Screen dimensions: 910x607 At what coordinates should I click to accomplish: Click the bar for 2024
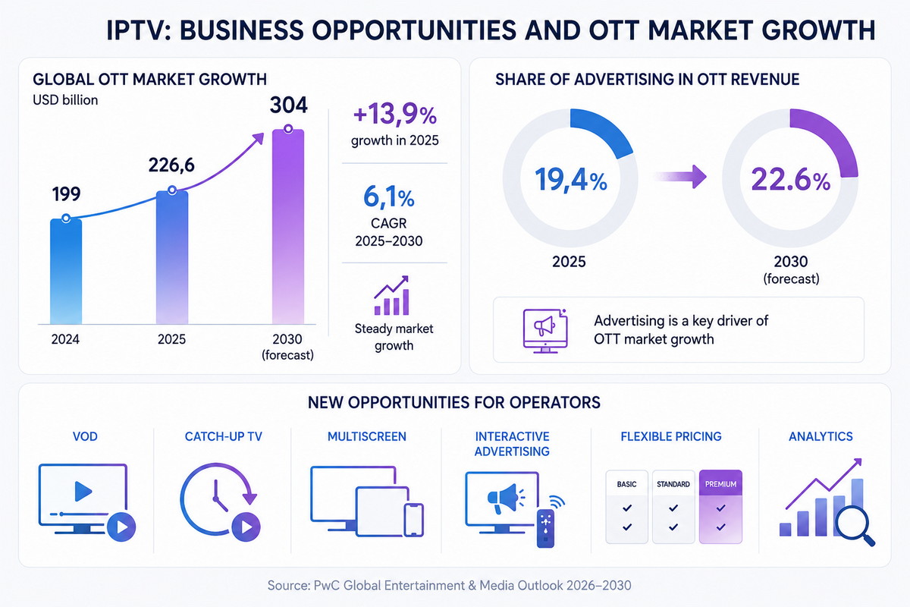click(x=66, y=271)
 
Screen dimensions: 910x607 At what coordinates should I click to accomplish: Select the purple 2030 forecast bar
click(x=288, y=226)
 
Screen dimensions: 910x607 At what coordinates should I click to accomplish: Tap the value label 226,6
click(x=171, y=165)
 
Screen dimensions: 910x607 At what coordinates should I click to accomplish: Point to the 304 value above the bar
click(x=289, y=105)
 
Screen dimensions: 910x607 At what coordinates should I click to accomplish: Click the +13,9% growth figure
click(x=395, y=115)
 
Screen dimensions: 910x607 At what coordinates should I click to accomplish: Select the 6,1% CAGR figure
click(x=389, y=197)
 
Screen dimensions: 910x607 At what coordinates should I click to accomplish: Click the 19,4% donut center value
click(x=571, y=180)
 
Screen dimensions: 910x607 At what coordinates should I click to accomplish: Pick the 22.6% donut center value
click(x=790, y=180)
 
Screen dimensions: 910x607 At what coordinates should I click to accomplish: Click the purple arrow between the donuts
click(x=680, y=177)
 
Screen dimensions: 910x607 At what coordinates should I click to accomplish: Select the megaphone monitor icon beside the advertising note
click(x=545, y=331)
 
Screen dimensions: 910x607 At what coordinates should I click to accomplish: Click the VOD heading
click(x=85, y=436)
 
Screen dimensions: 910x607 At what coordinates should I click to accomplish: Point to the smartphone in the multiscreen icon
click(x=413, y=520)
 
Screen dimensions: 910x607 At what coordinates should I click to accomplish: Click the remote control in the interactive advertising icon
click(x=545, y=528)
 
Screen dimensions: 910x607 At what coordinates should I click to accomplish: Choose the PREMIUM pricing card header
click(x=720, y=483)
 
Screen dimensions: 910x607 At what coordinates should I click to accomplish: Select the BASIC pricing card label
click(x=626, y=484)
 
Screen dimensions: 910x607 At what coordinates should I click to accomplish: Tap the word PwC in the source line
click(x=327, y=586)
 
